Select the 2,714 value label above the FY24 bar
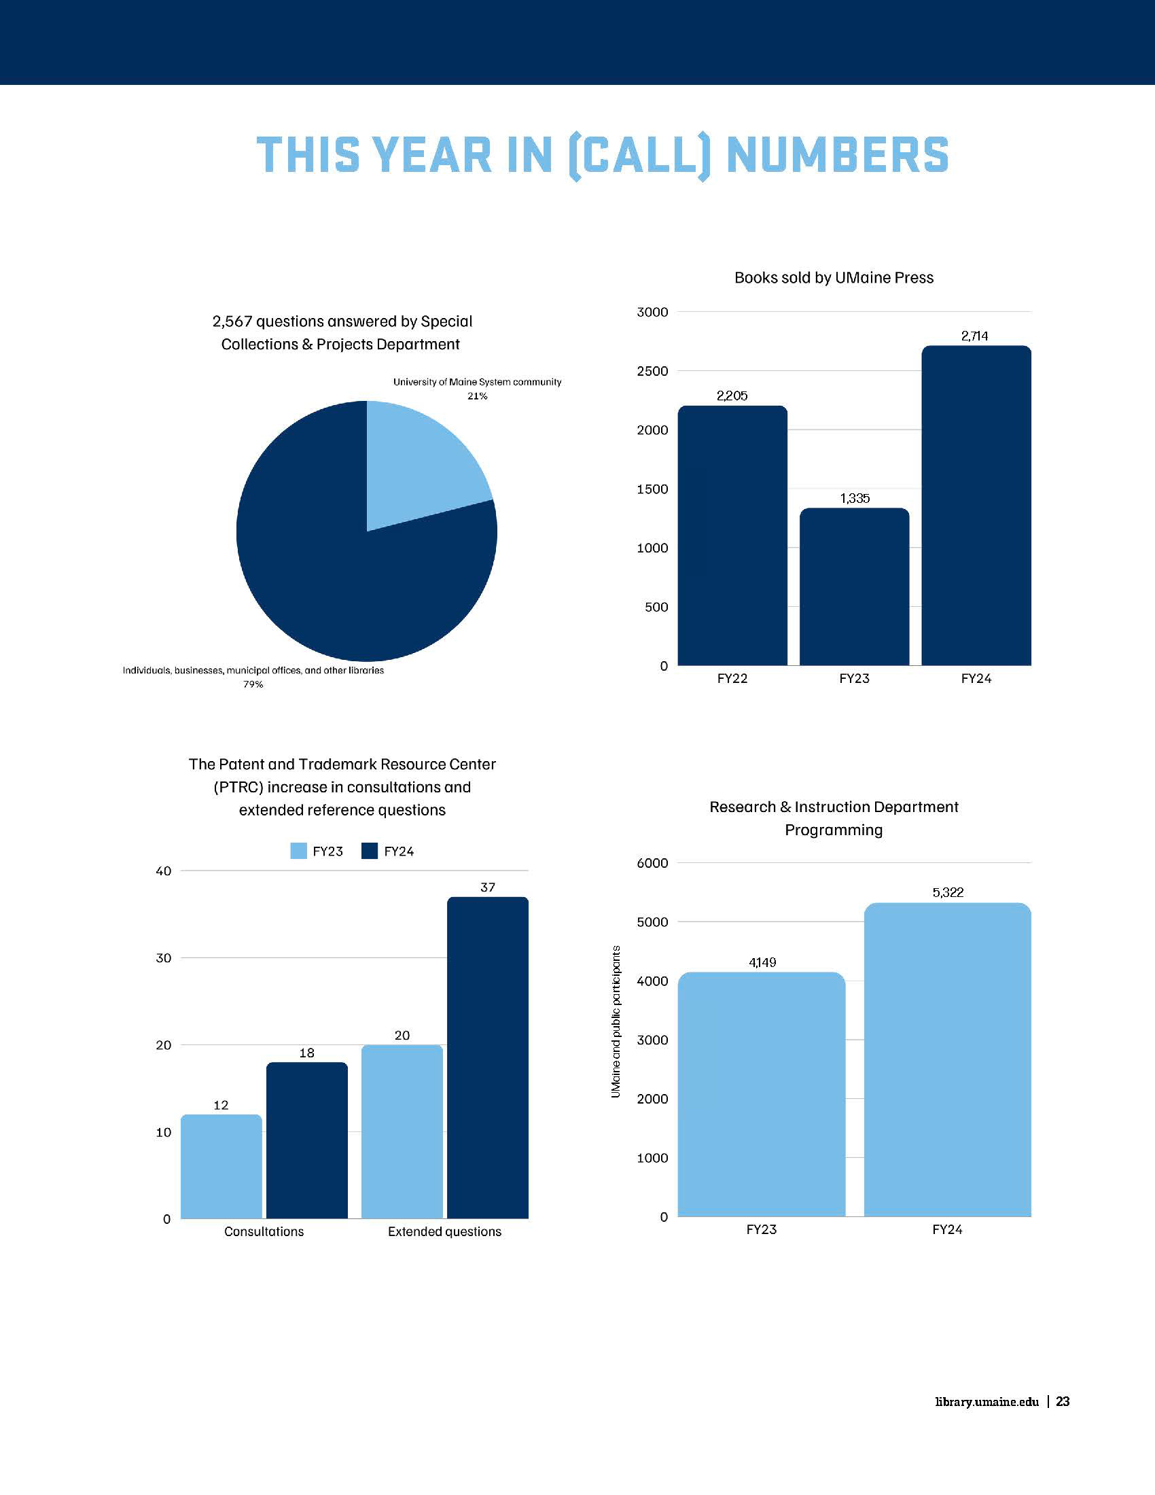tap(974, 336)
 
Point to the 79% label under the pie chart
tap(253, 684)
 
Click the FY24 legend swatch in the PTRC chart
tap(370, 851)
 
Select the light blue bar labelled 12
tap(221, 1166)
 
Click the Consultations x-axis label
tap(264, 1231)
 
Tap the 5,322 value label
tap(948, 893)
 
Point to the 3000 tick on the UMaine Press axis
tap(652, 312)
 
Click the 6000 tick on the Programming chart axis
tap(652, 863)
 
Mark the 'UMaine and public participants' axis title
tap(616, 1022)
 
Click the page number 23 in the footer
tap(1063, 1401)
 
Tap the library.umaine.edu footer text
tap(987, 1401)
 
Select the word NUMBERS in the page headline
tap(837, 156)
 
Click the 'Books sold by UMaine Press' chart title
tap(834, 278)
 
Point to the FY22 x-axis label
tap(732, 678)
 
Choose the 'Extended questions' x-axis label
tap(444, 1231)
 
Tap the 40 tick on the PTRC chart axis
tap(164, 871)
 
